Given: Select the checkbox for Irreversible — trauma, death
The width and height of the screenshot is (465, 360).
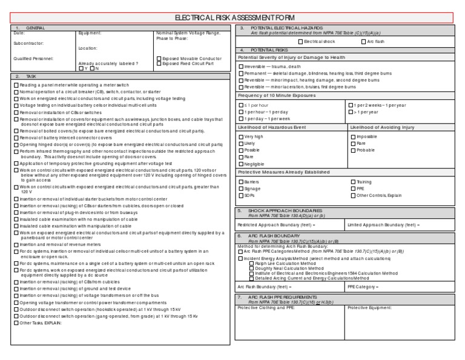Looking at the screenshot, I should pyautogui.click(x=240, y=66).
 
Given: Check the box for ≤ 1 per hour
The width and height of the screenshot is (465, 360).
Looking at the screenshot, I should pyautogui.click(x=240, y=105).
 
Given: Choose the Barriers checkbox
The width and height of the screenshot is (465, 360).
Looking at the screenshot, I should pyautogui.click(x=240, y=182).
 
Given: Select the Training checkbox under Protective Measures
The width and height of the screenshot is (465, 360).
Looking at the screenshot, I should pyautogui.click(x=352, y=182).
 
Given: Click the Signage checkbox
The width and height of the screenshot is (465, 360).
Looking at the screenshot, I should pyautogui.click(x=240, y=188).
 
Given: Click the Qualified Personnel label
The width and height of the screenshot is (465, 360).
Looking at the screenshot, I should pyautogui.click(x=33, y=58).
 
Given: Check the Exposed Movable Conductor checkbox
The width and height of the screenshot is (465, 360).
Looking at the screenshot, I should pyautogui.click(x=159, y=58).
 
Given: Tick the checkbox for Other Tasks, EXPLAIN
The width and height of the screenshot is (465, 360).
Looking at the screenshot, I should pyautogui.click(x=16, y=323).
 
